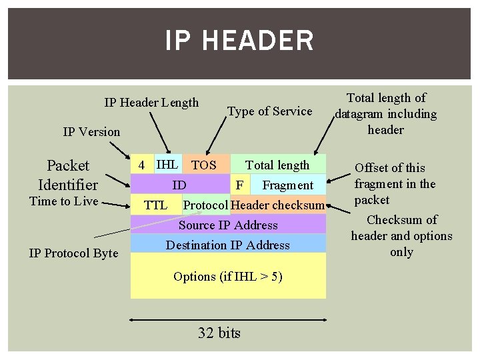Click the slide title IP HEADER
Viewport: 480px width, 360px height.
[x=239, y=41]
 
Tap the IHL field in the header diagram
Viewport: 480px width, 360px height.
[x=167, y=164]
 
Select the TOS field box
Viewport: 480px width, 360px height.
[x=204, y=165]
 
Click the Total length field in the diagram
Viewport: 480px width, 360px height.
[x=277, y=165]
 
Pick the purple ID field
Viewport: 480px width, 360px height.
[x=179, y=185]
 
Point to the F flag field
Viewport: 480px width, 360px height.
[x=239, y=185]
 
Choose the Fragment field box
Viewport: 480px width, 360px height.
[x=288, y=185]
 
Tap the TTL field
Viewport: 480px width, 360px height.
[x=156, y=205]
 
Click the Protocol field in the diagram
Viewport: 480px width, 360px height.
[x=205, y=205]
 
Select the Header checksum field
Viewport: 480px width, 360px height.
[x=277, y=205]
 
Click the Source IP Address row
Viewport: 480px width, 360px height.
[x=228, y=225]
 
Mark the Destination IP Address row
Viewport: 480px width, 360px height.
[x=228, y=245]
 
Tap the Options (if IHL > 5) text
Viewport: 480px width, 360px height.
[x=228, y=276]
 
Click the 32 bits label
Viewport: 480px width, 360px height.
[x=219, y=333]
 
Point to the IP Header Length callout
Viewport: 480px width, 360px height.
[x=151, y=102]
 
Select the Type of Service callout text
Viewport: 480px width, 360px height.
[x=270, y=111]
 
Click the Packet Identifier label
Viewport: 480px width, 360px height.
[x=68, y=175]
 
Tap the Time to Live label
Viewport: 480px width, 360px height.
[x=64, y=201]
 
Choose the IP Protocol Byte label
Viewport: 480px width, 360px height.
[x=73, y=253]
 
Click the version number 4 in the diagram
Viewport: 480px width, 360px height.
[x=141, y=165]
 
